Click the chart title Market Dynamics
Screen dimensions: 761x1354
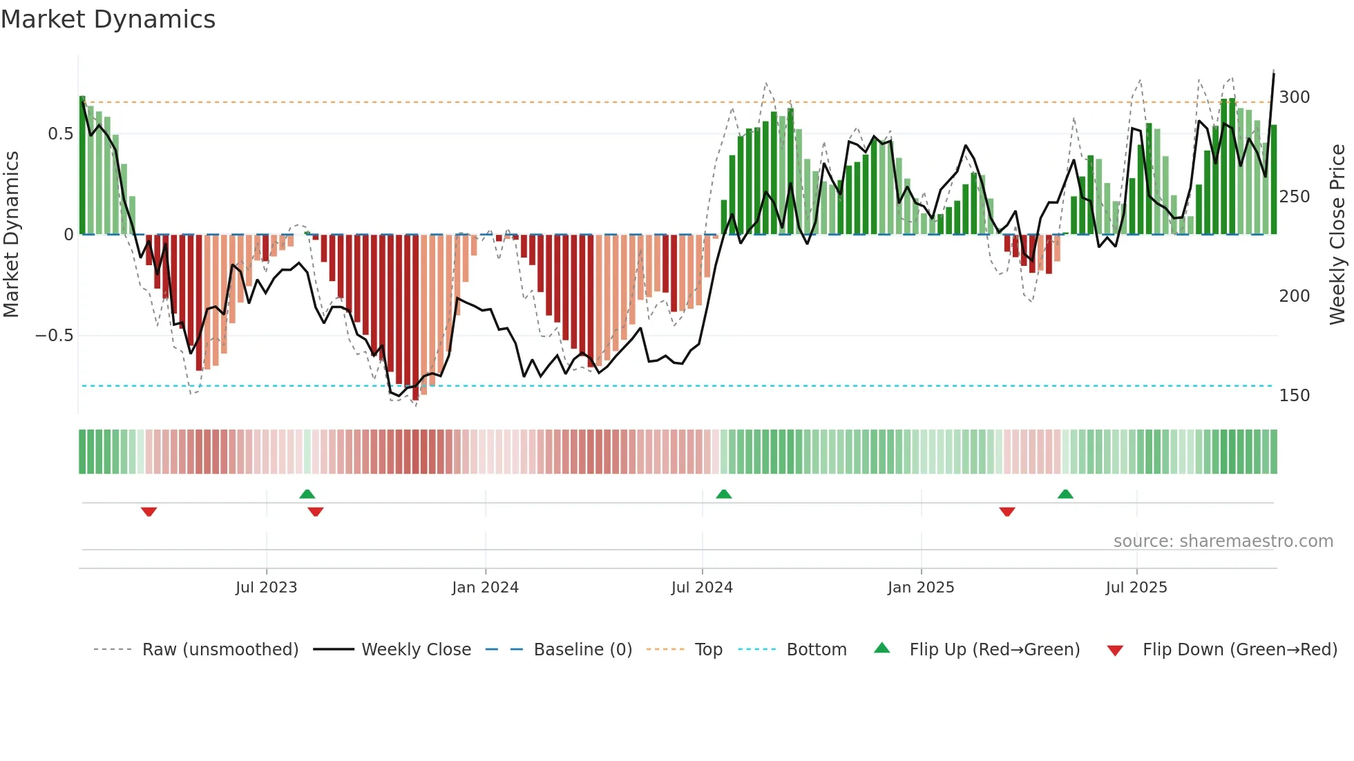[108, 19]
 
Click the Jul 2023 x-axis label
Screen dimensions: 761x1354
[266, 588]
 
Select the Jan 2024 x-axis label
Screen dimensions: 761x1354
[485, 588]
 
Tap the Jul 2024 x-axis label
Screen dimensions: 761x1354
[702, 588]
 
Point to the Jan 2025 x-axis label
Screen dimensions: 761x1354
[921, 588]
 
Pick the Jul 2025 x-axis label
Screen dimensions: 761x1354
[1136, 588]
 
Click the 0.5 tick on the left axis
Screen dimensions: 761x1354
[60, 134]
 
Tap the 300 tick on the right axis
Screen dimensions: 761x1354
[1294, 97]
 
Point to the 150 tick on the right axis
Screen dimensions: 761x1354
[1294, 396]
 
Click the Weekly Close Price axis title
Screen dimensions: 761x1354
[1337, 235]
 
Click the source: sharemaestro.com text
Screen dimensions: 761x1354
[1223, 541]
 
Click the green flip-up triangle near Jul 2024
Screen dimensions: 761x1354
[723, 494]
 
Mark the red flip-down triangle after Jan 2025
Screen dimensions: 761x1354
[1007, 512]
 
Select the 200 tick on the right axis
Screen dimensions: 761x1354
[1294, 296]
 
